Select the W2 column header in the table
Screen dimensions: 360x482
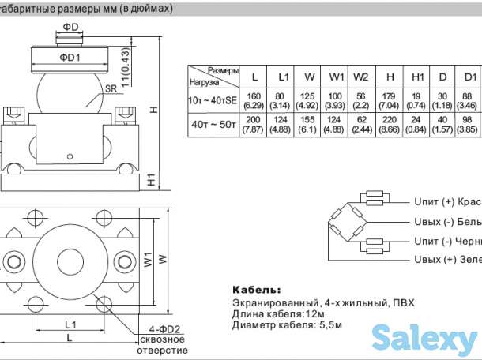(x=360, y=77)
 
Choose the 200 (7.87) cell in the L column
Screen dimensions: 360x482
(x=254, y=124)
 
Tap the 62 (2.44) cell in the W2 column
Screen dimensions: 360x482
(x=360, y=124)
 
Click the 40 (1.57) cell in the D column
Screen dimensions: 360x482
(x=442, y=124)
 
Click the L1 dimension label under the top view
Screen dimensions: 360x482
(x=70, y=324)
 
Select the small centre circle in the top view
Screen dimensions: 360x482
(x=70, y=260)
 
